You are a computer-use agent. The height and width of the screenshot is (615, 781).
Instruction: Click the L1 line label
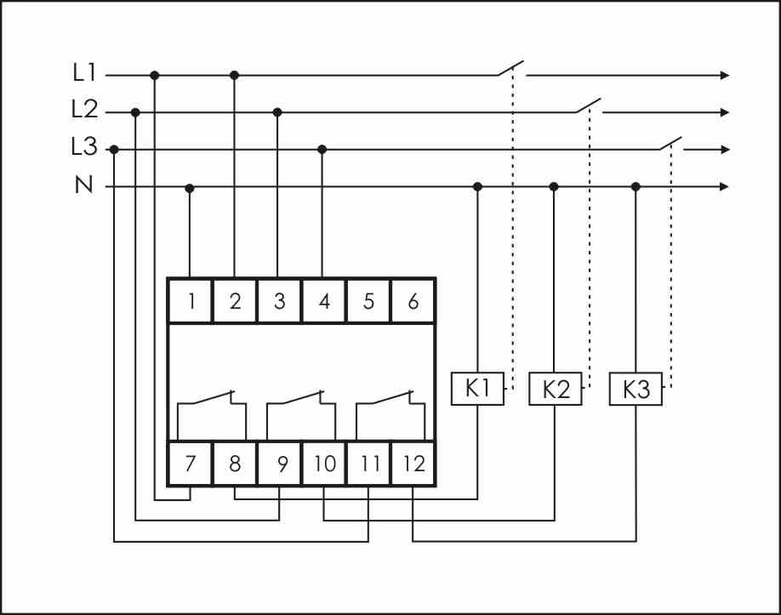(83, 74)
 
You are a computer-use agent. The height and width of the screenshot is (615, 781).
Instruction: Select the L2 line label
(84, 111)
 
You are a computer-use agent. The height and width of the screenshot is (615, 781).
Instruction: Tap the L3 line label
(84, 148)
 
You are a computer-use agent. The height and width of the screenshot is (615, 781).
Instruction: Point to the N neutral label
(84, 185)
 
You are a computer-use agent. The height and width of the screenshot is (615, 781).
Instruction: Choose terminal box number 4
(323, 301)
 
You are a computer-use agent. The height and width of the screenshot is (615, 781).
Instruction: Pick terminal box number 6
(413, 301)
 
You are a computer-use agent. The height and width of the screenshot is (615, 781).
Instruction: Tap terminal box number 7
(191, 464)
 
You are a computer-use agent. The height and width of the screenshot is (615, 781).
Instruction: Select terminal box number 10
(324, 464)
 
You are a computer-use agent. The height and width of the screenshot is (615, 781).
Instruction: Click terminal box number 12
(413, 464)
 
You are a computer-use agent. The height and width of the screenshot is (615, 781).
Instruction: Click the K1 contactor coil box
(477, 390)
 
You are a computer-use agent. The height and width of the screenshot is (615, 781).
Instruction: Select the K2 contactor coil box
(556, 390)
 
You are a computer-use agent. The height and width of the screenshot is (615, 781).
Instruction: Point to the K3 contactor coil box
(636, 390)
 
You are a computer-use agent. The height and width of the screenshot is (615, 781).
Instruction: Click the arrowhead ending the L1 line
(725, 75)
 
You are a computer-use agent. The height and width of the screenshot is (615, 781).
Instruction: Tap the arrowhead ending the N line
(725, 186)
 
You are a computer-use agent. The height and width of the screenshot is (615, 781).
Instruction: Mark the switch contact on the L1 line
(511, 69)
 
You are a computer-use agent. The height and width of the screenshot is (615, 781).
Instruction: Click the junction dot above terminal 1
(190, 187)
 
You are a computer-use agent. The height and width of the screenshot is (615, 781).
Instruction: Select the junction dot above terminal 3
(277, 111)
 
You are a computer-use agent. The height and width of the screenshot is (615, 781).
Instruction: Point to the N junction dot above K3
(636, 186)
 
